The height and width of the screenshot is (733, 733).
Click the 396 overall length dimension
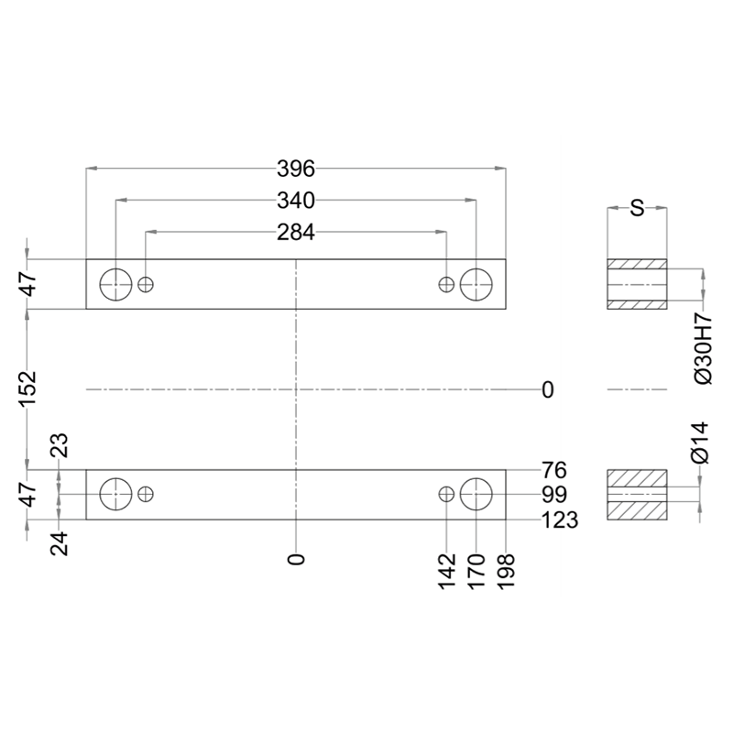pos(296,169)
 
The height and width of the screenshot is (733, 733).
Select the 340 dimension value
pos(296,201)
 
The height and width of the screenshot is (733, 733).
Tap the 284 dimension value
pos(296,233)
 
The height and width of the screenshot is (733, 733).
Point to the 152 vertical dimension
pos(28,388)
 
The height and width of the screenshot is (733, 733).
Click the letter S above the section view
pos(637,208)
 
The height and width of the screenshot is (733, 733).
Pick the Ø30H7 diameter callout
pos(703,349)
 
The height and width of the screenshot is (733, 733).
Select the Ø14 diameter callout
pos(701,443)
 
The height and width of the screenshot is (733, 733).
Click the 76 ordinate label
pos(554,470)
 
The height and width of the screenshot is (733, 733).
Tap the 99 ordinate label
pos(554,495)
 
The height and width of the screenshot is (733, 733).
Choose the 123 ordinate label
pos(560,520)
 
